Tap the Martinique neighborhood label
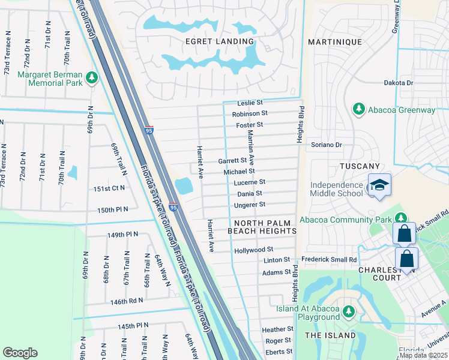point(335,42)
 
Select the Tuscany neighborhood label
point(360,166)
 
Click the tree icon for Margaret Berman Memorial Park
point(91,77)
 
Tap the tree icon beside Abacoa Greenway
point(359,109)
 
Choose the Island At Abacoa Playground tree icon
point(348,311)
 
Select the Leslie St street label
point(250,103)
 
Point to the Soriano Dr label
point(326,145)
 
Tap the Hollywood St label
point(253,250)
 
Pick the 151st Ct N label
point(109,188)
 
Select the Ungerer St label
point(249,205)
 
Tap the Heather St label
point(277,329)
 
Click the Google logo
point(20,353)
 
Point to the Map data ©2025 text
point(423,355)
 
